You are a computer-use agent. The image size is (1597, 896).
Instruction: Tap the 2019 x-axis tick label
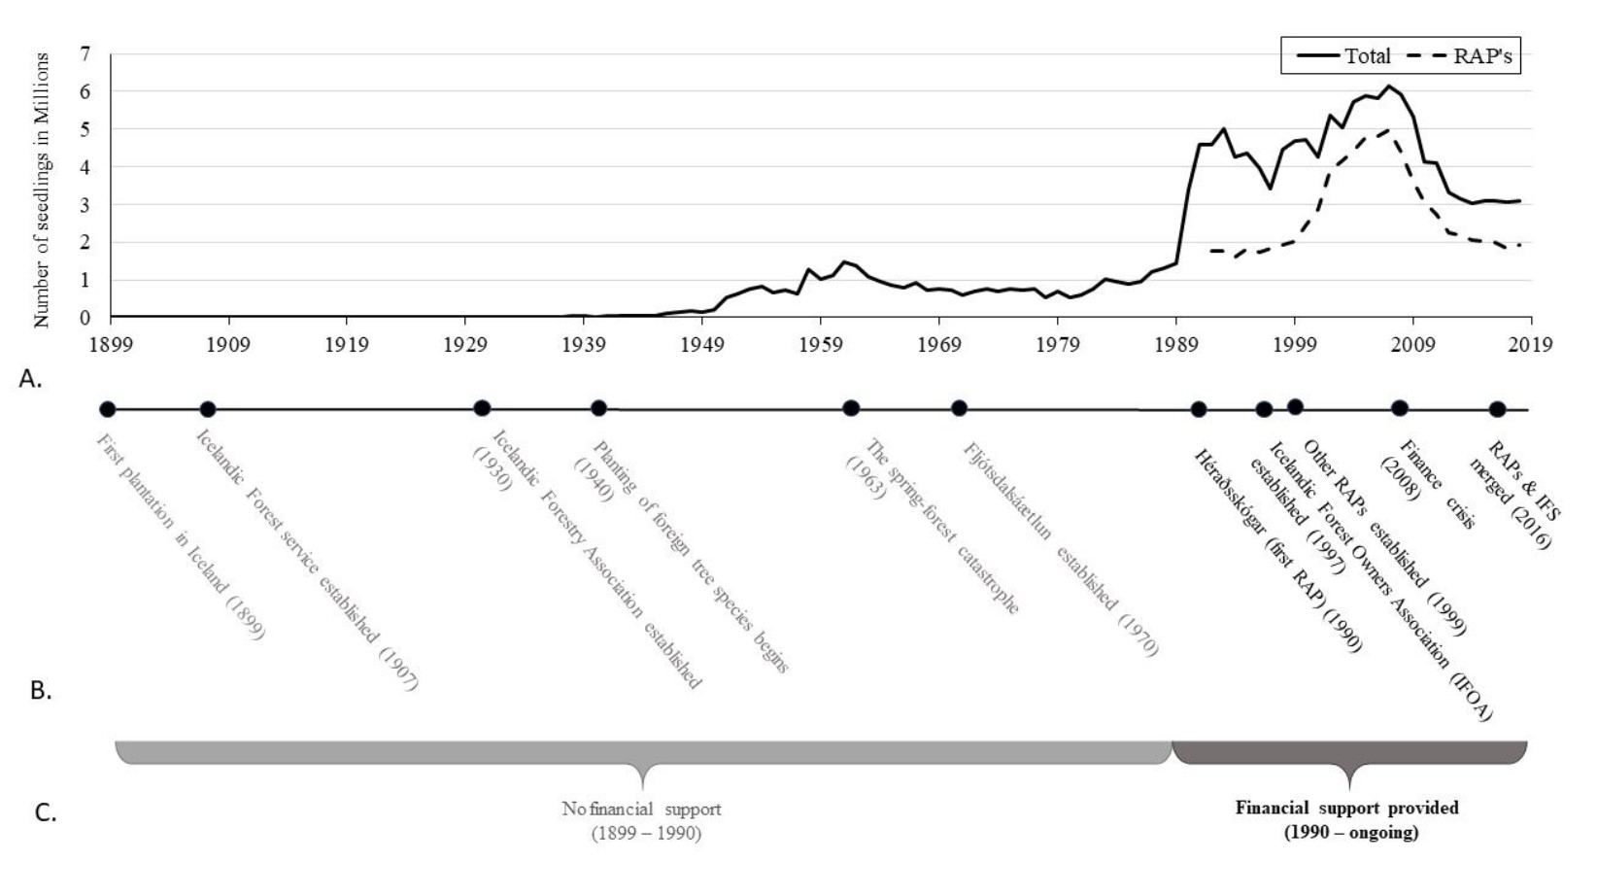(x=1531, y=344)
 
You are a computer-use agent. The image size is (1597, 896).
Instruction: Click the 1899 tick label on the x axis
(x=111, y=344)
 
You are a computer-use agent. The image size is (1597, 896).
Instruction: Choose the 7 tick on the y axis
(x=85, y=54)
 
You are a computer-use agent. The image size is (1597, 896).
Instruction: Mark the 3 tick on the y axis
(x=85, y=205)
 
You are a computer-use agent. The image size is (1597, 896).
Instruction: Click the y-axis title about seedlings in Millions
(x=41, y=190)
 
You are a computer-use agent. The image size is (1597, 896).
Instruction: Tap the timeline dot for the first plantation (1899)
(x=107, y=410)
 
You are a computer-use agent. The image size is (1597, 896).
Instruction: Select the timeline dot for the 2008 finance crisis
(x=1399, y=408)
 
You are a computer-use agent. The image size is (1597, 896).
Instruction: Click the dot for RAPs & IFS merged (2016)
(x=1497, y=410)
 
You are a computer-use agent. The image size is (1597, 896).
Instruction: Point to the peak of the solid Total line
(x=1389, y=86)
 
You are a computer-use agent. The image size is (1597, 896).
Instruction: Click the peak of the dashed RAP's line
(x=1387, y=129)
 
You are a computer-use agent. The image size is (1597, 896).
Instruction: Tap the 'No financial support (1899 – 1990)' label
(x=641, y=820)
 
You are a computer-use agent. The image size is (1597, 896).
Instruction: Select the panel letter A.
(x=31, y=379)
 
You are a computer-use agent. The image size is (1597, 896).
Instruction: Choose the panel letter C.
(x=46, y=812)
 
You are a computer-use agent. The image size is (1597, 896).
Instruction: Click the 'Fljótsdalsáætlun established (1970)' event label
(x=1060, y=549)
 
